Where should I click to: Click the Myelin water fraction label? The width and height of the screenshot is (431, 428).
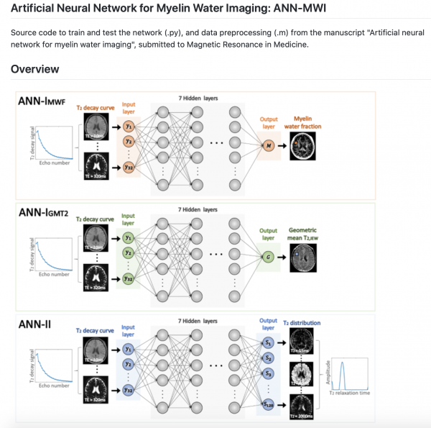[x=307, y=122]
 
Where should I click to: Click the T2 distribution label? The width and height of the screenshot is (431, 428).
[x=301, y=323]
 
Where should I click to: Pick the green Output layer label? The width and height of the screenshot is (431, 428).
[x=268, y=235]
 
